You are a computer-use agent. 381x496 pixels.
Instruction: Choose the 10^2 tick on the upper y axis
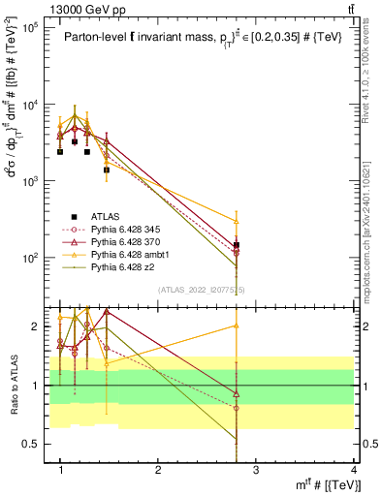tap(31, 259)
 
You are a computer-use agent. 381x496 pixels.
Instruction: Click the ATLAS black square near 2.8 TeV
tap(237, 245)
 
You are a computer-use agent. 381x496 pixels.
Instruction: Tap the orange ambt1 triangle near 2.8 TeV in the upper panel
tap(237, 221)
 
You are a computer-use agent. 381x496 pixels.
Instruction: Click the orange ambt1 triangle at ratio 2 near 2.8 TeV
tap(237, 325)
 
